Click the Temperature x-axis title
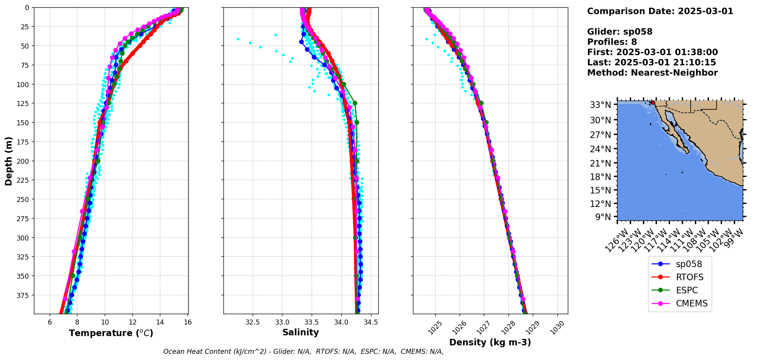111,333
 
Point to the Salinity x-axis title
300,332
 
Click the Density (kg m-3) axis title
490,342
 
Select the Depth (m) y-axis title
8,161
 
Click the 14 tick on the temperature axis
160,322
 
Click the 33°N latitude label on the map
601,105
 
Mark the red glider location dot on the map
653,103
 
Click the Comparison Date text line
660,11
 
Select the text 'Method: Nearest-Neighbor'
652,73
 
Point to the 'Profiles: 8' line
612,42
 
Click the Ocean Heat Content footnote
303,352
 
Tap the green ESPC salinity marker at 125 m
355,103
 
